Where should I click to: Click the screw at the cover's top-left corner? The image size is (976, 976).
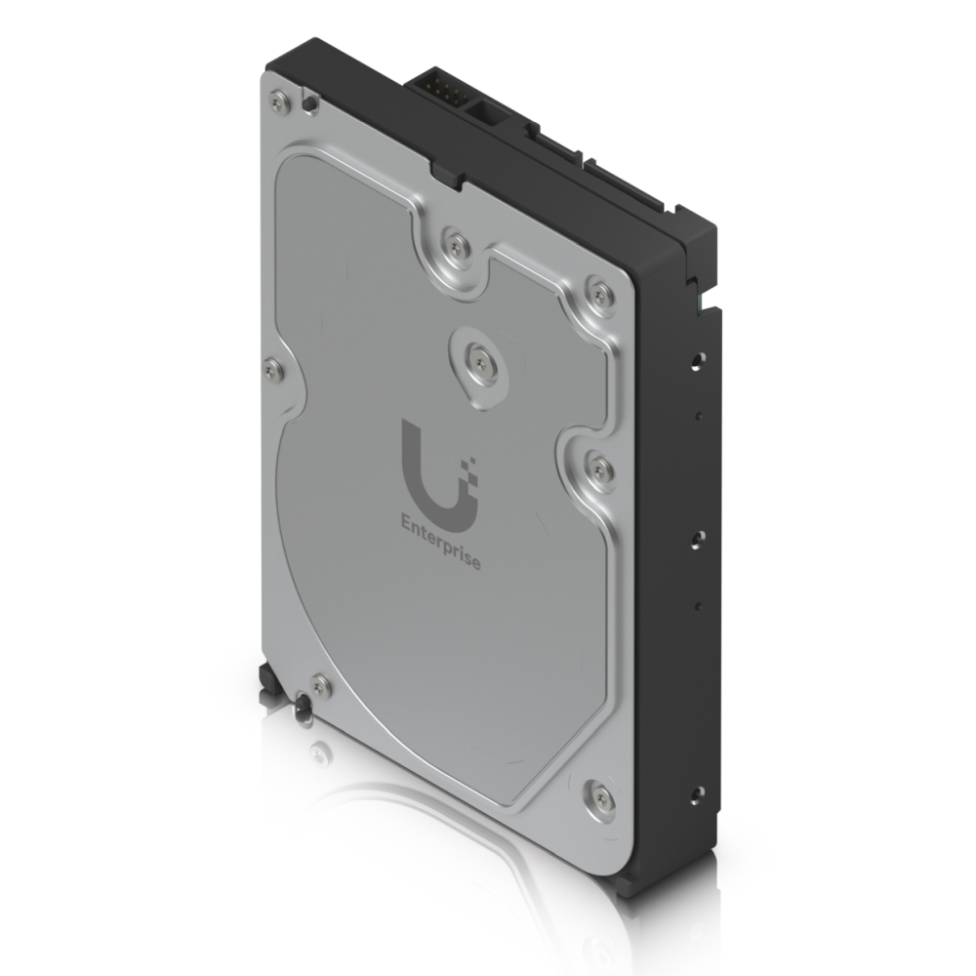coord(281,102)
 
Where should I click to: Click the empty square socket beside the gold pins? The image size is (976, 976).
coord(483,109)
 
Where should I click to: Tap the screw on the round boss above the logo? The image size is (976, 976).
coord(478,362)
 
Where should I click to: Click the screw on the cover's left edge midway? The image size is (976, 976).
coord(273,369)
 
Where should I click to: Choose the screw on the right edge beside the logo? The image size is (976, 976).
coord(599,468)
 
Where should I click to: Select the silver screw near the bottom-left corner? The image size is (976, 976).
coord(319,685)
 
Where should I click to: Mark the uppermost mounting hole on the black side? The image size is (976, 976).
coord(695,359)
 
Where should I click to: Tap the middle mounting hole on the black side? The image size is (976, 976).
coord(696,536)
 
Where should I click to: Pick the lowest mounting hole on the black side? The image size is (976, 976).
coord(696,793)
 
